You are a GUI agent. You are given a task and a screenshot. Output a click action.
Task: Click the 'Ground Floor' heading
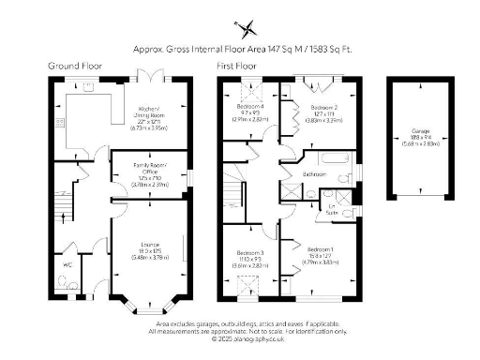(x=75, y=67)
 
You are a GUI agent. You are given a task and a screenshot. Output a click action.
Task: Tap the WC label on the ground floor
(x=67, y=265)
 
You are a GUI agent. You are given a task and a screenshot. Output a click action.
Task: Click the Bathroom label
(x=314, y=174)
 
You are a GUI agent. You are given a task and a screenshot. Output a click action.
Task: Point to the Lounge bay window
(x=150, y=306)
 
